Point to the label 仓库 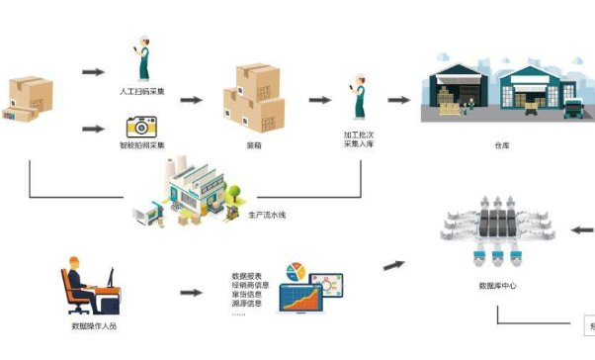503,146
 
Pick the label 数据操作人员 94,325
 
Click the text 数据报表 246,276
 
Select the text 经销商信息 247,286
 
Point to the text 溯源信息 246,304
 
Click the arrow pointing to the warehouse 399,100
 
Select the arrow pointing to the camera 93,128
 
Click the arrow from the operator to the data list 192,293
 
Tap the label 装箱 254,145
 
